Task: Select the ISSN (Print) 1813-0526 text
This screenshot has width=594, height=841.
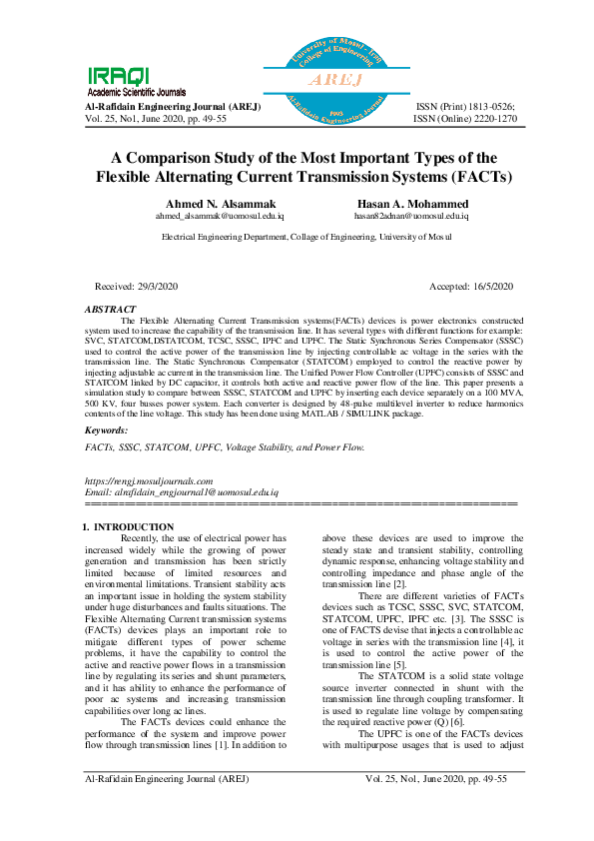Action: coord(465,105)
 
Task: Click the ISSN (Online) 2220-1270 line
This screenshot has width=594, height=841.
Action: coord(464,118)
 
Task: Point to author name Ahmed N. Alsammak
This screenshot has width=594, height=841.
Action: coord(212,204)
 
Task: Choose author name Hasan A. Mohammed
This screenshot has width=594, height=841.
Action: coord(398,204)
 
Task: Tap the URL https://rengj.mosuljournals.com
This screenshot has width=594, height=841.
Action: coord(151,481)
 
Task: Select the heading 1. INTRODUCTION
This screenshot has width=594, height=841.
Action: coord(128,526)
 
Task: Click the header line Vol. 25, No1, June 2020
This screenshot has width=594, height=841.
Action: coord(154,118)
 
